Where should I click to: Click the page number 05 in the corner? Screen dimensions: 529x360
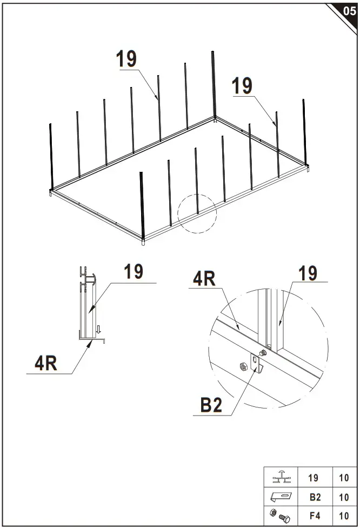point(349,11)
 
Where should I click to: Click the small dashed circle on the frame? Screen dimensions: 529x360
point(197,213)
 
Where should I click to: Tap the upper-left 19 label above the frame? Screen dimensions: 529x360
point(126,59)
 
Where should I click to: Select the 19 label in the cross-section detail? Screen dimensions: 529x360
point(134,271)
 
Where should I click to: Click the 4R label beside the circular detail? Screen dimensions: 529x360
point(204,279)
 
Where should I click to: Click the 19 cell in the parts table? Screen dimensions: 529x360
point(313,478)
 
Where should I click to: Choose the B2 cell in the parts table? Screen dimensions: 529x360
point(313,497)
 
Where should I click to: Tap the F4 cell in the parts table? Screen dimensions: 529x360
point(313,516)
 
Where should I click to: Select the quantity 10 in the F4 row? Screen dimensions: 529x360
point(344,516)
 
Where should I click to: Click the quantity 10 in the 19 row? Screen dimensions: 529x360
point(344,478)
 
